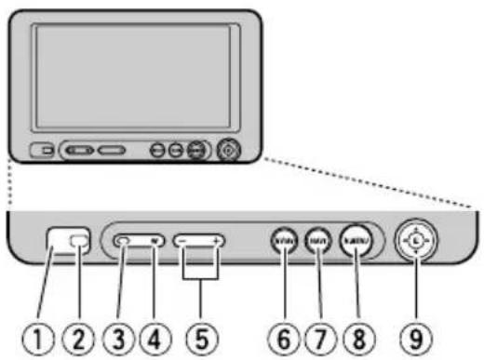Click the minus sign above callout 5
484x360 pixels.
[x=183, y=241]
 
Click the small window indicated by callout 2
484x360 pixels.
[x=81, y=242]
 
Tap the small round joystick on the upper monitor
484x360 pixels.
[x=226, y=149]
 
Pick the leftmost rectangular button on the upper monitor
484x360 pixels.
[x=41, y=149]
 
